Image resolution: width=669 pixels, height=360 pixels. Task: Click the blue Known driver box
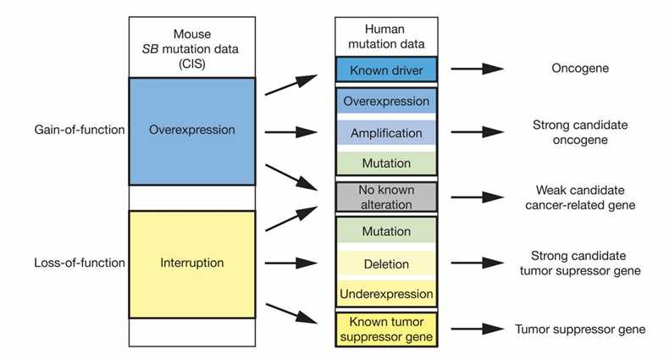tap(385, 69)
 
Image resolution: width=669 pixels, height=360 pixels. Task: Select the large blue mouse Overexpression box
tap(191, 131)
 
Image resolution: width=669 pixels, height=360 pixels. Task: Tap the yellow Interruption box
tap(191, 263)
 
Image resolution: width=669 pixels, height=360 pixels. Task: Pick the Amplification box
tap(385, 133)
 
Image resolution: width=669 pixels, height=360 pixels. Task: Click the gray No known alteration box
tap(385, 197)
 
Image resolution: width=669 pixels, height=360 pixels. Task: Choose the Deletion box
tap(385, 263)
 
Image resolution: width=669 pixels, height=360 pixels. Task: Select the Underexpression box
tap(385, 294)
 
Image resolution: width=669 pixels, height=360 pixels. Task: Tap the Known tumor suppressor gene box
tap(385, 329)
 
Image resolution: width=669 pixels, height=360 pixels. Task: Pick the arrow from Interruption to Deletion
tap(290, 263)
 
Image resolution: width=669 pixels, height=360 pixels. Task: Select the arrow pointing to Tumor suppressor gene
tap(476, 329)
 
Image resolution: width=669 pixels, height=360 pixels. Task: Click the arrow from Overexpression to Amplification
tap(290, 132)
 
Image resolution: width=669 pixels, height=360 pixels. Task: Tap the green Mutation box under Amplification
tap(385, 163)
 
